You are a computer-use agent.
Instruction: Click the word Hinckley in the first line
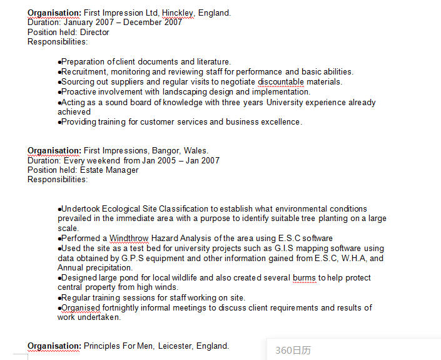(178, 13)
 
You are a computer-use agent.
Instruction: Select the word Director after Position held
(94, 32)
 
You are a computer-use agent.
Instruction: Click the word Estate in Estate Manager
(92, 170)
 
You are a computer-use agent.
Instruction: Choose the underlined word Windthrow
(129, 238)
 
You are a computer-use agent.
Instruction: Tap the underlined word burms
(304, 277)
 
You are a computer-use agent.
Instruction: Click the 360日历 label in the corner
(293, 350)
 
